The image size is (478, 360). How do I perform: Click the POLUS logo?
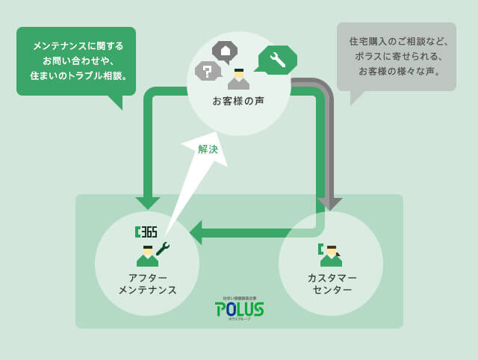click(239, 308)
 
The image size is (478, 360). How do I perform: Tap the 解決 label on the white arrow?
click(208, 149)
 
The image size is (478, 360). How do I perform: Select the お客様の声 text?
click(238, 100)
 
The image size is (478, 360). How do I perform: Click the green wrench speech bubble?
click(277, 60)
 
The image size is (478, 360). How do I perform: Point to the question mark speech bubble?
click(207, 71)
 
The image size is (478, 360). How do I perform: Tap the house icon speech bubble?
click(225, 51)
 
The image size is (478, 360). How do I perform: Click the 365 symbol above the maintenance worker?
click(146, 232)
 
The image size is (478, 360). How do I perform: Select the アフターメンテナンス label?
click(147, 283)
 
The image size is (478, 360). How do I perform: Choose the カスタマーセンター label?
click(332, 283)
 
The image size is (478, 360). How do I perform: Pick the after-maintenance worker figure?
click(148, 256)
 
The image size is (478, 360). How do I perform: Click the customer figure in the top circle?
click(239, 79)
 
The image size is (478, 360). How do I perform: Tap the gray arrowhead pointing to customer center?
click(329, 204)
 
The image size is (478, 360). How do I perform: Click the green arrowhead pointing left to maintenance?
click(196, 232)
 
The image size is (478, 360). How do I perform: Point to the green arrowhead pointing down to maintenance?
click(148, 203)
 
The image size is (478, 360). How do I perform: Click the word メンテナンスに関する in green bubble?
click(78, 46)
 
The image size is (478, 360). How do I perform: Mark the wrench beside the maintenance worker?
click(163, 249)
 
